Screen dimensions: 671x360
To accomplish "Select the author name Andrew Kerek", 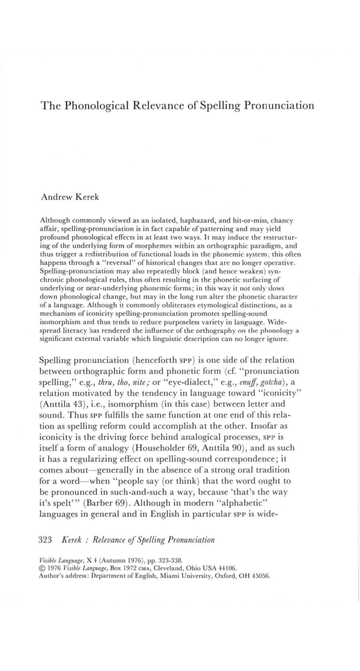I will [x=70, y=197].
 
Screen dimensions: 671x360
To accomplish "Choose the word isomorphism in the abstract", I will [x=57, y=322].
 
